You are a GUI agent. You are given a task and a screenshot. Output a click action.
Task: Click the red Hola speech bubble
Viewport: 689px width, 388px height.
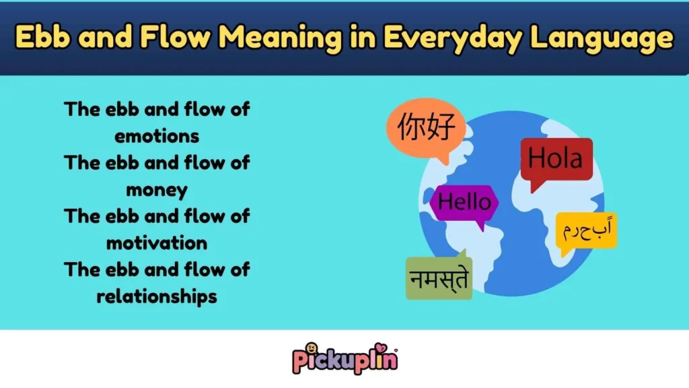tap(556, 160)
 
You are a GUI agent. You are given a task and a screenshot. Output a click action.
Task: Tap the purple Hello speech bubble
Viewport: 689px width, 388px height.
tap(464, 201)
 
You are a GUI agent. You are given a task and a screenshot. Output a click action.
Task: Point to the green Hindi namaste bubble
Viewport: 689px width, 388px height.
tap(439, 278)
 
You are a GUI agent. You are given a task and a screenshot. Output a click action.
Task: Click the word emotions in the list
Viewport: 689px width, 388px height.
tap(157, 135)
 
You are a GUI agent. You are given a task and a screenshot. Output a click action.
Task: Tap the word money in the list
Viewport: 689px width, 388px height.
tap(157, 189)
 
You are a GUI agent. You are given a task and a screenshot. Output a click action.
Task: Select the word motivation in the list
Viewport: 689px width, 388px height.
tap(157, 243)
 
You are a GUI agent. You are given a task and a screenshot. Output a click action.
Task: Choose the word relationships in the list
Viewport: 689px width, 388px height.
tap(157, 296)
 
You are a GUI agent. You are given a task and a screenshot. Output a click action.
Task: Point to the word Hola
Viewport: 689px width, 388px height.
tap(556, 159)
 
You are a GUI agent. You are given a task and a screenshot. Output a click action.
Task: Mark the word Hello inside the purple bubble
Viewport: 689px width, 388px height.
tap(464, 201)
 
